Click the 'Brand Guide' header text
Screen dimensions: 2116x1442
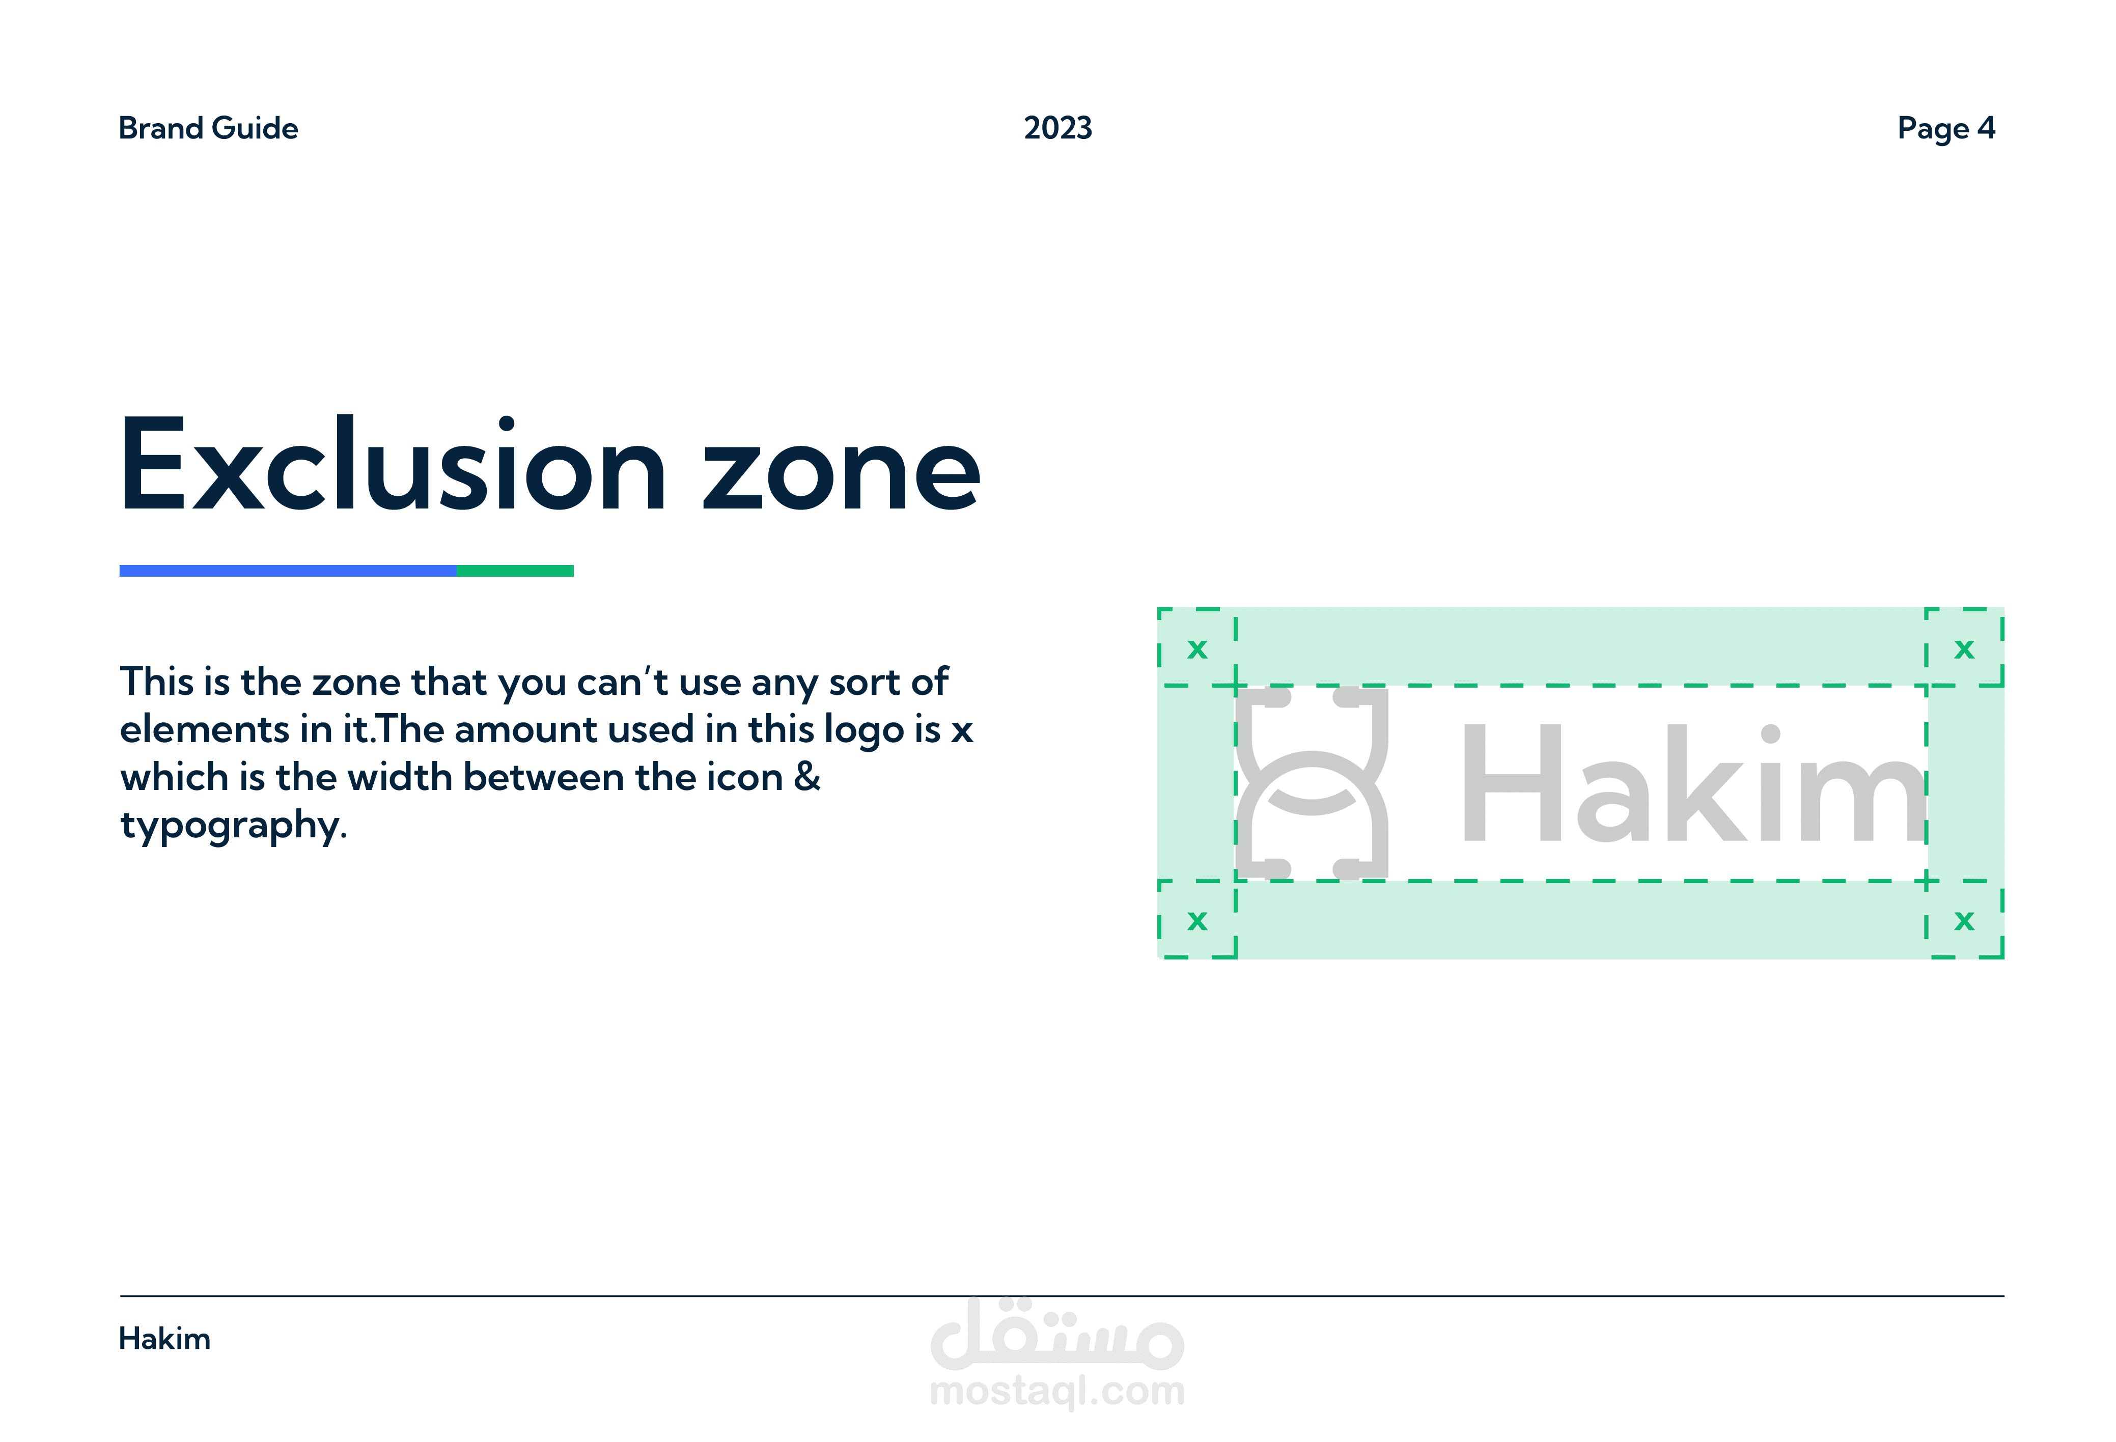point(209,128)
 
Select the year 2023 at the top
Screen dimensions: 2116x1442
point(1058,128)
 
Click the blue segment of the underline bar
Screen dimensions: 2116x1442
point(288,571)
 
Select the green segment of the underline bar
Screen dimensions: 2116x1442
point(515,571)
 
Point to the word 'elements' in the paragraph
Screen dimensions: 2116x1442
point(205,729)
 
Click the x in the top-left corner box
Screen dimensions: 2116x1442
point(1198,649)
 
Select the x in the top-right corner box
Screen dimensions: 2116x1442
point(1965,649)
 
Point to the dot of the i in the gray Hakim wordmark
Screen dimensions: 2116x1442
point(1771,734)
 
